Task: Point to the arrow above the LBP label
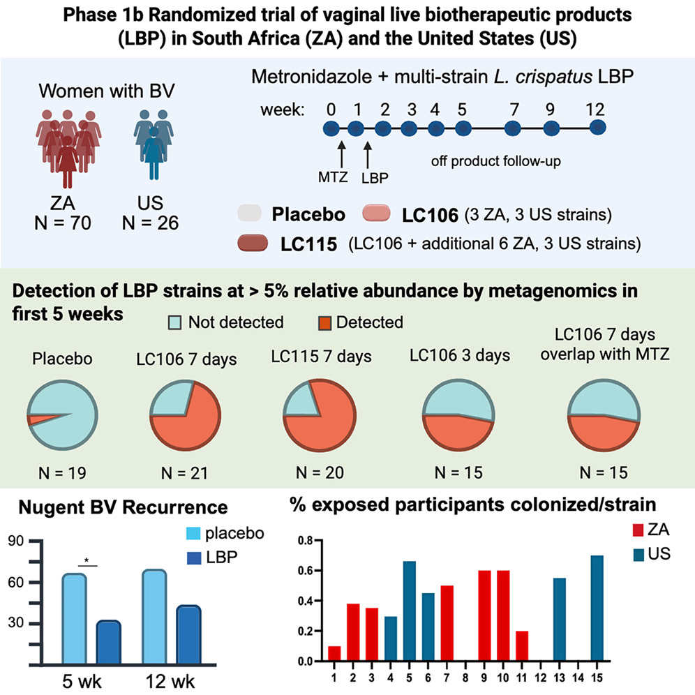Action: pos(368,151)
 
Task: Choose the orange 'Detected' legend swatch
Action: pos(324,322)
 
